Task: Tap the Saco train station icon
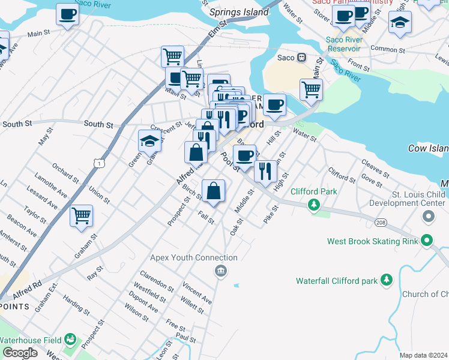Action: pos(303,58)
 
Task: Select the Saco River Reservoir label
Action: pos(343,44)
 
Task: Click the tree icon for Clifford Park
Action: pos(313,205)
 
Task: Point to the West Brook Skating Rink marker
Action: pos(427,241)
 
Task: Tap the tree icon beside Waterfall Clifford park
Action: pos(387,280)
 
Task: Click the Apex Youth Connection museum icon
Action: pos(221,271)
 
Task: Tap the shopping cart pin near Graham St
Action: pos(81,215)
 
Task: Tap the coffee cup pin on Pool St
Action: pos(244,156)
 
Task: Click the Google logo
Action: pos(20,353)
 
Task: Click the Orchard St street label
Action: pos(65,171)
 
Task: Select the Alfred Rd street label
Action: pos(26,287)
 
